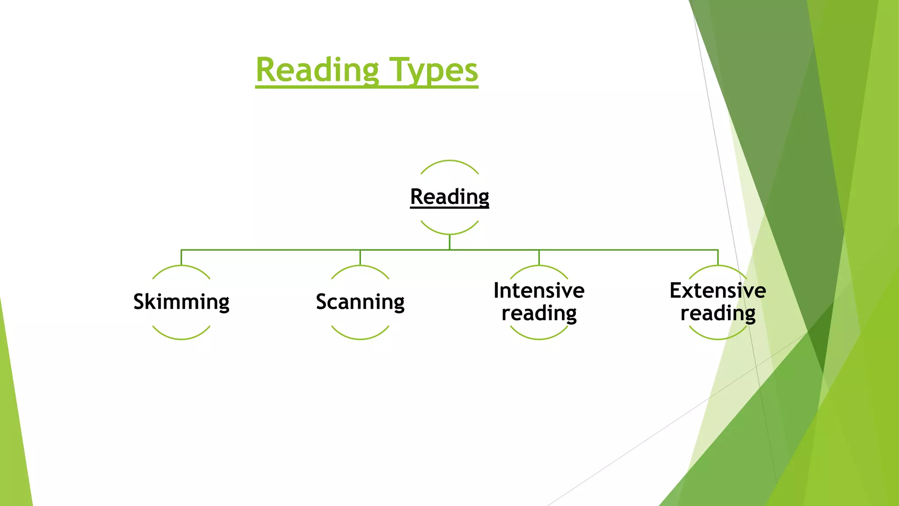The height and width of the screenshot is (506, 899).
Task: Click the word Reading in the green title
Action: click(317, 70)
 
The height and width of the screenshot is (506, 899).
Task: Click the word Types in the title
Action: click(434, 70)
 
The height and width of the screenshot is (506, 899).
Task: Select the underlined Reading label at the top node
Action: click(449, 196)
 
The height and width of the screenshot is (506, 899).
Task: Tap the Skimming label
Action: click(181, 302)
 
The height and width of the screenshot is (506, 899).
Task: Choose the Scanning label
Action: click(360, 302)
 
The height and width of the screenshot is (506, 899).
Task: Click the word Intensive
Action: click(539, 290)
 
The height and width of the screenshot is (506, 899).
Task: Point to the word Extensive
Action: click(718, 290)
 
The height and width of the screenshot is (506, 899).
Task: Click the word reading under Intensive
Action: click(539, 313)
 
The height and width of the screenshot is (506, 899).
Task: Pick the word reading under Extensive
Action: click(718, 313)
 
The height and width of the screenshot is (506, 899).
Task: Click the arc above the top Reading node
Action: click(449, 161)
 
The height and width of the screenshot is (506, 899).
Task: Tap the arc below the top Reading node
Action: click(449, 234)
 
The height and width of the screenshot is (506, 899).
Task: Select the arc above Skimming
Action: click(181, 266)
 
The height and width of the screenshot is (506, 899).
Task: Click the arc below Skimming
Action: click(181, 339)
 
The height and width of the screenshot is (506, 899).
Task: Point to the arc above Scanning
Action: click(360, 266)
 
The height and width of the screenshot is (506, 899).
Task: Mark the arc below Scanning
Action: click(360, 339)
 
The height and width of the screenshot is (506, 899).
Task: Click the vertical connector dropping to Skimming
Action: click(181, 257)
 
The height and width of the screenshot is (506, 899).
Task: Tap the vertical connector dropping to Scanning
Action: click(360, 257)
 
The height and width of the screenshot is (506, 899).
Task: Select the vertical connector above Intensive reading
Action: click(539, 257)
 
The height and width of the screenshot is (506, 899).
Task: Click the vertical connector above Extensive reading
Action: click(718, 257)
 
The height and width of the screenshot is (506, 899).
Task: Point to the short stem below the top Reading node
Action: click(449, 242)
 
